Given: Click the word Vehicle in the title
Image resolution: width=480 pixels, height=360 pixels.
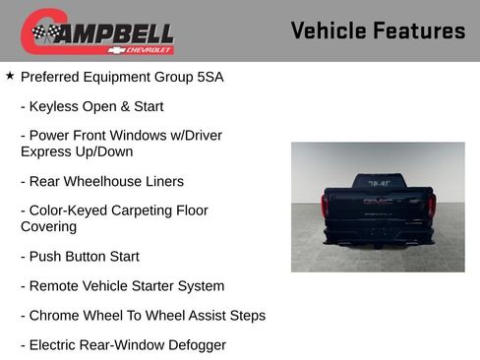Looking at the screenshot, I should coord(330,30).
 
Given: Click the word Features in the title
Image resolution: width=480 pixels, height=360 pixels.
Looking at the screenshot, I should coord(420,30).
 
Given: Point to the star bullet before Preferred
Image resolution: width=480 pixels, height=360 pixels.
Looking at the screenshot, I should coord(10,75).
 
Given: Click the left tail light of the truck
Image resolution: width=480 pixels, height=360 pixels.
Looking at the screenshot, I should coord(326,204).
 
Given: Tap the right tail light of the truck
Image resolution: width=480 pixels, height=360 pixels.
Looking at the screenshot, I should coord(431,204).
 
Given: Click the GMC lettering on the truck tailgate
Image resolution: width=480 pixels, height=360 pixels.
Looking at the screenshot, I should coord(378,201).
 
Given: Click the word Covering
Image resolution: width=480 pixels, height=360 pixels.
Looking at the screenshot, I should coord(48,226).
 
